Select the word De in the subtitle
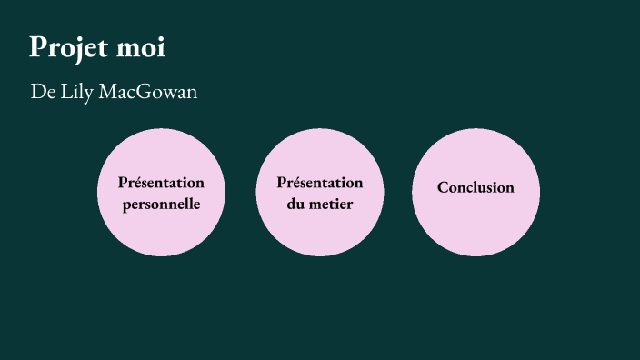[x=40, y=93]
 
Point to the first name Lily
[x=75, y=93]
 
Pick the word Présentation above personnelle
[x=161, y=183]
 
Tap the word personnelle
[x=161, y=204]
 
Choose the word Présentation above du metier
[x=320, y=183]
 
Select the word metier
[x=331, y=204]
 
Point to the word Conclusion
[x=475, y=188]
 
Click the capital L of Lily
[x=62, y=93]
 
